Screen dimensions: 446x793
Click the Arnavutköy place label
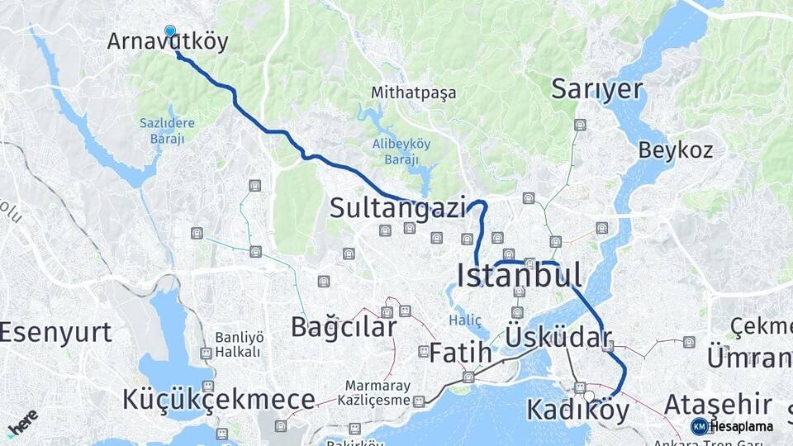point(168,42)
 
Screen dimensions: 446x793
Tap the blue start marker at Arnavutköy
point(170,31)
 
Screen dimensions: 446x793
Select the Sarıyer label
point(596,88)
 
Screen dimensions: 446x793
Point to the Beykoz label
point(675,150)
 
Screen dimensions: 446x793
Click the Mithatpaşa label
point(413,93)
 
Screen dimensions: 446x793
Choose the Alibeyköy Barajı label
point(401,150)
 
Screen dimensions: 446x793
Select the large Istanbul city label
point(519,275)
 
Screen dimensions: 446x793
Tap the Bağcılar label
point(344,327)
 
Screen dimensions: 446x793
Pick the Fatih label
point(460,353)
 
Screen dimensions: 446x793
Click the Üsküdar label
point(558,337)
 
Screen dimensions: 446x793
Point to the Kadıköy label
point(577,409)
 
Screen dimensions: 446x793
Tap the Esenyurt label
point(55,333)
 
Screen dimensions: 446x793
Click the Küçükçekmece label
point(219,400)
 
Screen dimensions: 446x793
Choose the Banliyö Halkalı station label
point(238,344)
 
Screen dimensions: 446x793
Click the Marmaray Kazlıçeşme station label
point(378,393)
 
